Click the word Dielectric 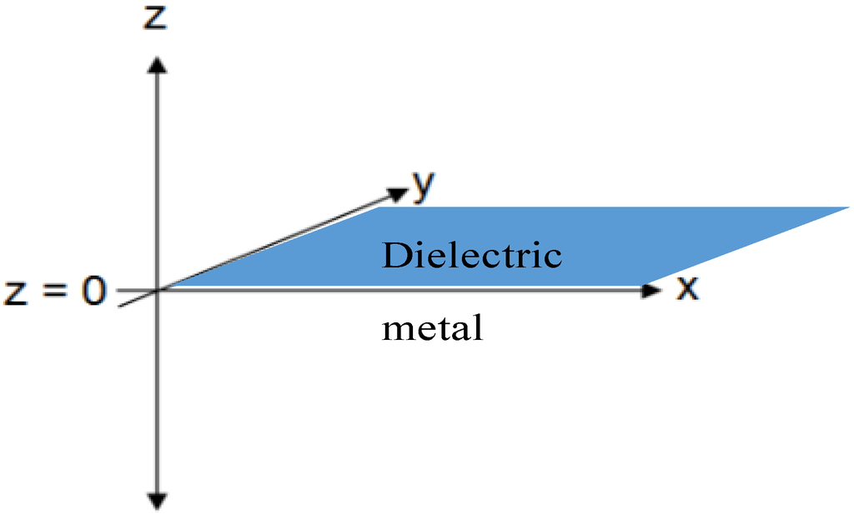(x=471, y=255)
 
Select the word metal (x=432, y=328)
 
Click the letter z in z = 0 (x=18, y=293)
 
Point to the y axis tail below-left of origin (x=123, y=304)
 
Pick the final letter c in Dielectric (x=553, y=257)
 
